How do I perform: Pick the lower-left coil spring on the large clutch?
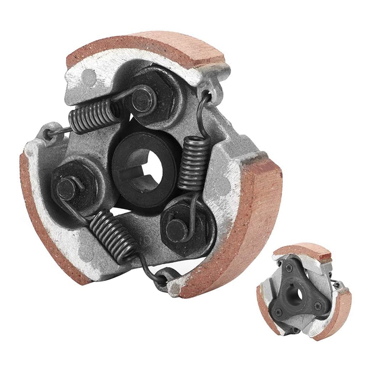tap(111, 232)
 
